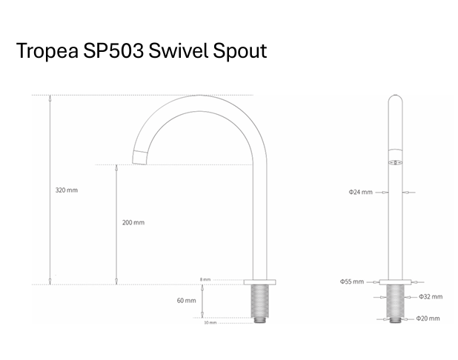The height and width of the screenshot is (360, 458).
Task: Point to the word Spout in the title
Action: [x=242, y=52]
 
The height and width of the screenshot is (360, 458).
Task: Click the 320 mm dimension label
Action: [x=67, y=190]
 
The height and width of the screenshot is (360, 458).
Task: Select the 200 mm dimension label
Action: [x=133, y=222]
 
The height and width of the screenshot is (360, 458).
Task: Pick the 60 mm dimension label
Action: [x=186, y=301]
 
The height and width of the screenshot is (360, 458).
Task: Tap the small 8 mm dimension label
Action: [x=205, y=279]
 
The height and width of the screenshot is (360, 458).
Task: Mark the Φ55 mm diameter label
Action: [x=352, y=281]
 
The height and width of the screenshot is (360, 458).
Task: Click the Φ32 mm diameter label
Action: [x=430, y=296]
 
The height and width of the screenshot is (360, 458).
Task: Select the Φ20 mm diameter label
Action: [x=428, y=319]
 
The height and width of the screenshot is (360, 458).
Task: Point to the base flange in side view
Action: [x=260, y=281]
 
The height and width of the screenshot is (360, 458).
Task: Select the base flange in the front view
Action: [x=396, y=281]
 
